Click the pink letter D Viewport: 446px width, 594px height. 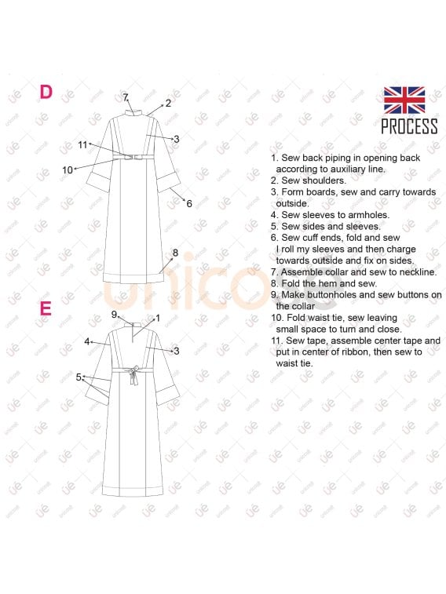tap(46, 92)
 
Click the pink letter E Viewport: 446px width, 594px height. tap(46, 308)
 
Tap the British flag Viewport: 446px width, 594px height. tap(404, 100)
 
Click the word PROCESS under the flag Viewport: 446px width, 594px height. tap(409, 126)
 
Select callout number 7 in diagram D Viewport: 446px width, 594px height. tap(125, 97)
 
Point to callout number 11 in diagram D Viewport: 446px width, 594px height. tap(82, 144)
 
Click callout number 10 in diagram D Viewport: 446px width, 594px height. tap(68, 170)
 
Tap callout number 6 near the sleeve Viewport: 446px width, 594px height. tap(189, 204)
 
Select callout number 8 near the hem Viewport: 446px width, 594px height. tap(175, 253)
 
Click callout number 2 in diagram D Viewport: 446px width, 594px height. tap(168, 103)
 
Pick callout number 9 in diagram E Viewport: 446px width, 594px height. tap(114, 315)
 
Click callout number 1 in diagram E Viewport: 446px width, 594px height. tap(158, 319)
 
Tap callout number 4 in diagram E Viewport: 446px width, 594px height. tap(87, 341)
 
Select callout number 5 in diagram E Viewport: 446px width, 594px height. tap(79, 377)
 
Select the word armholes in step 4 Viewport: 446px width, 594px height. tap(369, 215)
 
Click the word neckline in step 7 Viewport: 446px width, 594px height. tap(418, 272)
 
